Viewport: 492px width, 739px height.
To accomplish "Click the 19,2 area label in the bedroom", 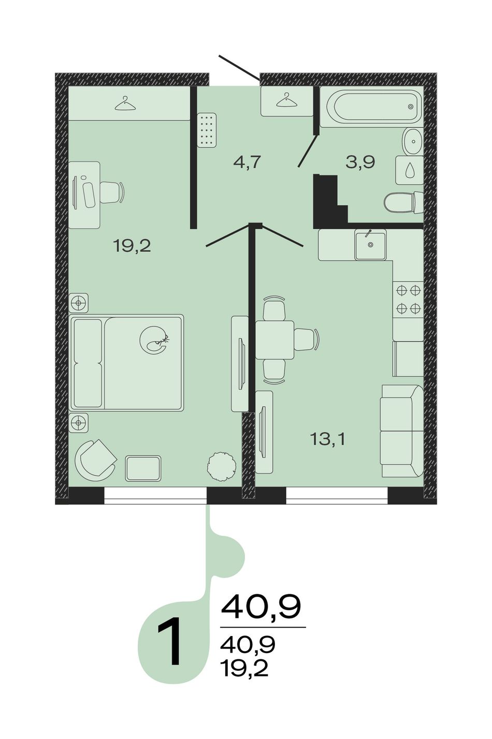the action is coord(132,246).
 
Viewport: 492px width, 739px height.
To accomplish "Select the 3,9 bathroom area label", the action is coord(360,162).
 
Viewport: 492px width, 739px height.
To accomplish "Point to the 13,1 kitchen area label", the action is coord(327,439).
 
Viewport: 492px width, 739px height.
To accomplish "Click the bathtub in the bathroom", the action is coord(371,107).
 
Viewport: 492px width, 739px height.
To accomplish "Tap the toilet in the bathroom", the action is coord(403,202).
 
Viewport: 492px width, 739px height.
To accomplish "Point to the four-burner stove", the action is coord(408,300).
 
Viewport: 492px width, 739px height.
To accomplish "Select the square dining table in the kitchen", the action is coord(274,341).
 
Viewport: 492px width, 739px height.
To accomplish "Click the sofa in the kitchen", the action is coord(402,431).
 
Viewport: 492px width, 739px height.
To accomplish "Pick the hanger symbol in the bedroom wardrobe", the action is coord(125,104).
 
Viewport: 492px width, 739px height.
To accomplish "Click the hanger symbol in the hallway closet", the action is coord(286,100).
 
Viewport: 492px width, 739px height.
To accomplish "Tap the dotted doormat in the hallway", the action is coord(207,130).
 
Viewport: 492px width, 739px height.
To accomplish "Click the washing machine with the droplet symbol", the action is coord(410,170).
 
